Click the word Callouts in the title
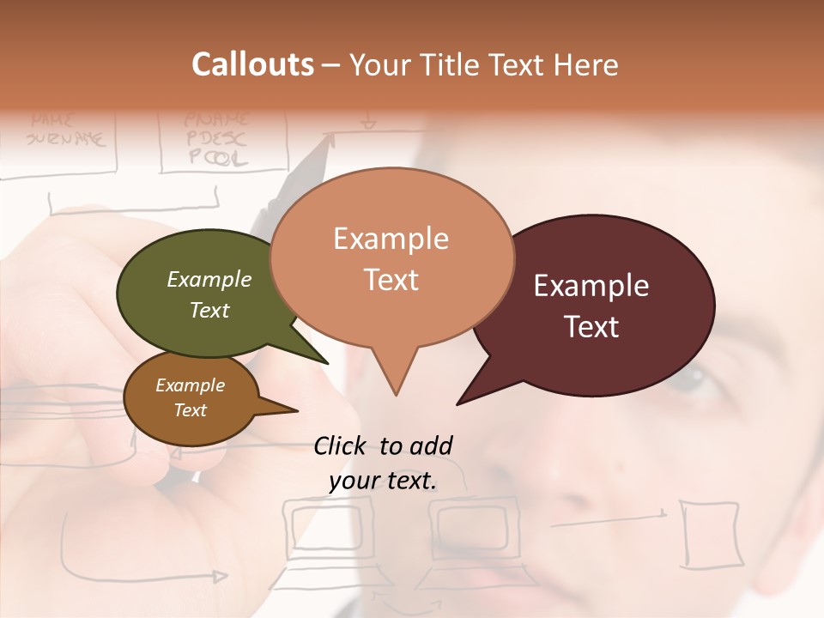pyautogui.click(x=252, y=64)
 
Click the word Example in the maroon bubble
pyautogui.click(x=591, y=286)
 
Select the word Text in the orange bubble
pyautogui.click(x=391, y=280)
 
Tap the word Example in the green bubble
pyautogui.click(x=209, y=279)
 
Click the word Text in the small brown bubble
pyautogui.click(x=191, y=410)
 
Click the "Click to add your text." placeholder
pyautogui.click(x=383, y=463)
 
